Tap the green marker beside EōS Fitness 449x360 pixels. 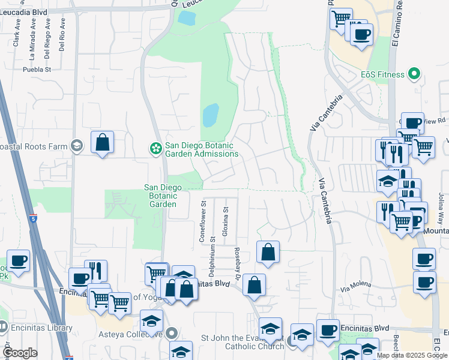click(x=414, y=75)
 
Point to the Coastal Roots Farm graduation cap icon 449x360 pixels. click(x=76, y=146)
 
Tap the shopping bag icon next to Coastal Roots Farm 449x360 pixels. click(x=102, y=143)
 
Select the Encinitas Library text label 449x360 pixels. click(x=40, y=328)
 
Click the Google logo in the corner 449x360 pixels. click(x=20, y=353)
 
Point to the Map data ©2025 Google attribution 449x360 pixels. click(x=412, y=355)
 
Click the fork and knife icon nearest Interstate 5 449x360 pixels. click(x=95, y=271)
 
